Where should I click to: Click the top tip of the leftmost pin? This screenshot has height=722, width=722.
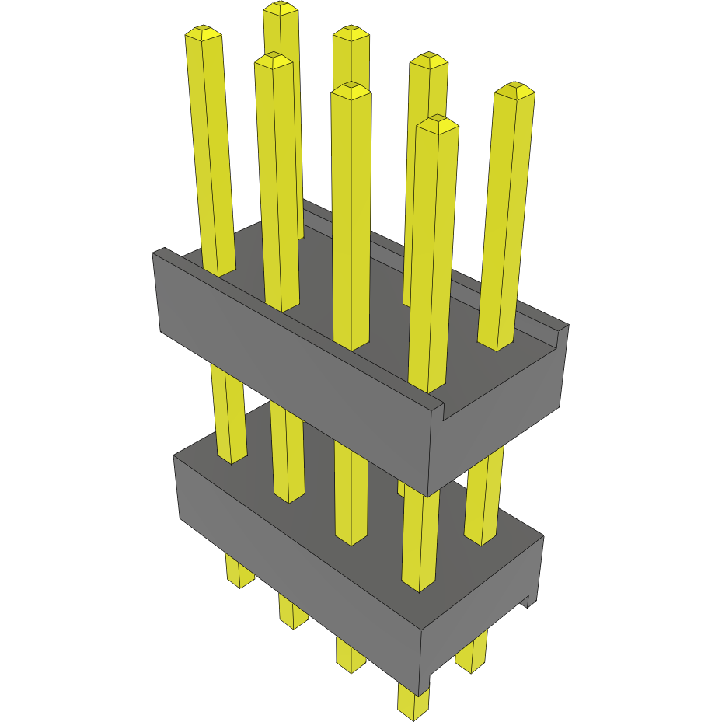tap(203, 33)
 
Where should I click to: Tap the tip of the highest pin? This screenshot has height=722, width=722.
tap(281, 9)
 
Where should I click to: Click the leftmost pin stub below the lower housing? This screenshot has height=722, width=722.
tap(239, 571)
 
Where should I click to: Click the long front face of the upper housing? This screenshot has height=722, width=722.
tap(295, 365)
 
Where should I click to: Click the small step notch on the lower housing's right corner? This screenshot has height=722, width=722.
tap(528, 601)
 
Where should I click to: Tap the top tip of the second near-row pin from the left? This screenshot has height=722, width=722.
tap(273, 61)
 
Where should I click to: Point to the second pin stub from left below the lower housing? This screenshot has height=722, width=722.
tap(293, 610)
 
